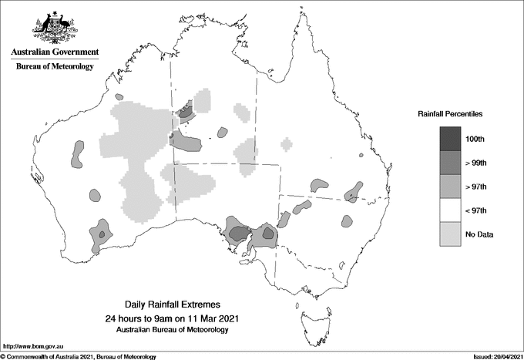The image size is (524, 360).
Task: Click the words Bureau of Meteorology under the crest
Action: pyautogui.click(x=55, y=67)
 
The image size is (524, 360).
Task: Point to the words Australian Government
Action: pyautogui.click(x=55, y=52)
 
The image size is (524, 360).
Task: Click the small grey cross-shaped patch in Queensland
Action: pyautogui.click(x=287, y=144)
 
